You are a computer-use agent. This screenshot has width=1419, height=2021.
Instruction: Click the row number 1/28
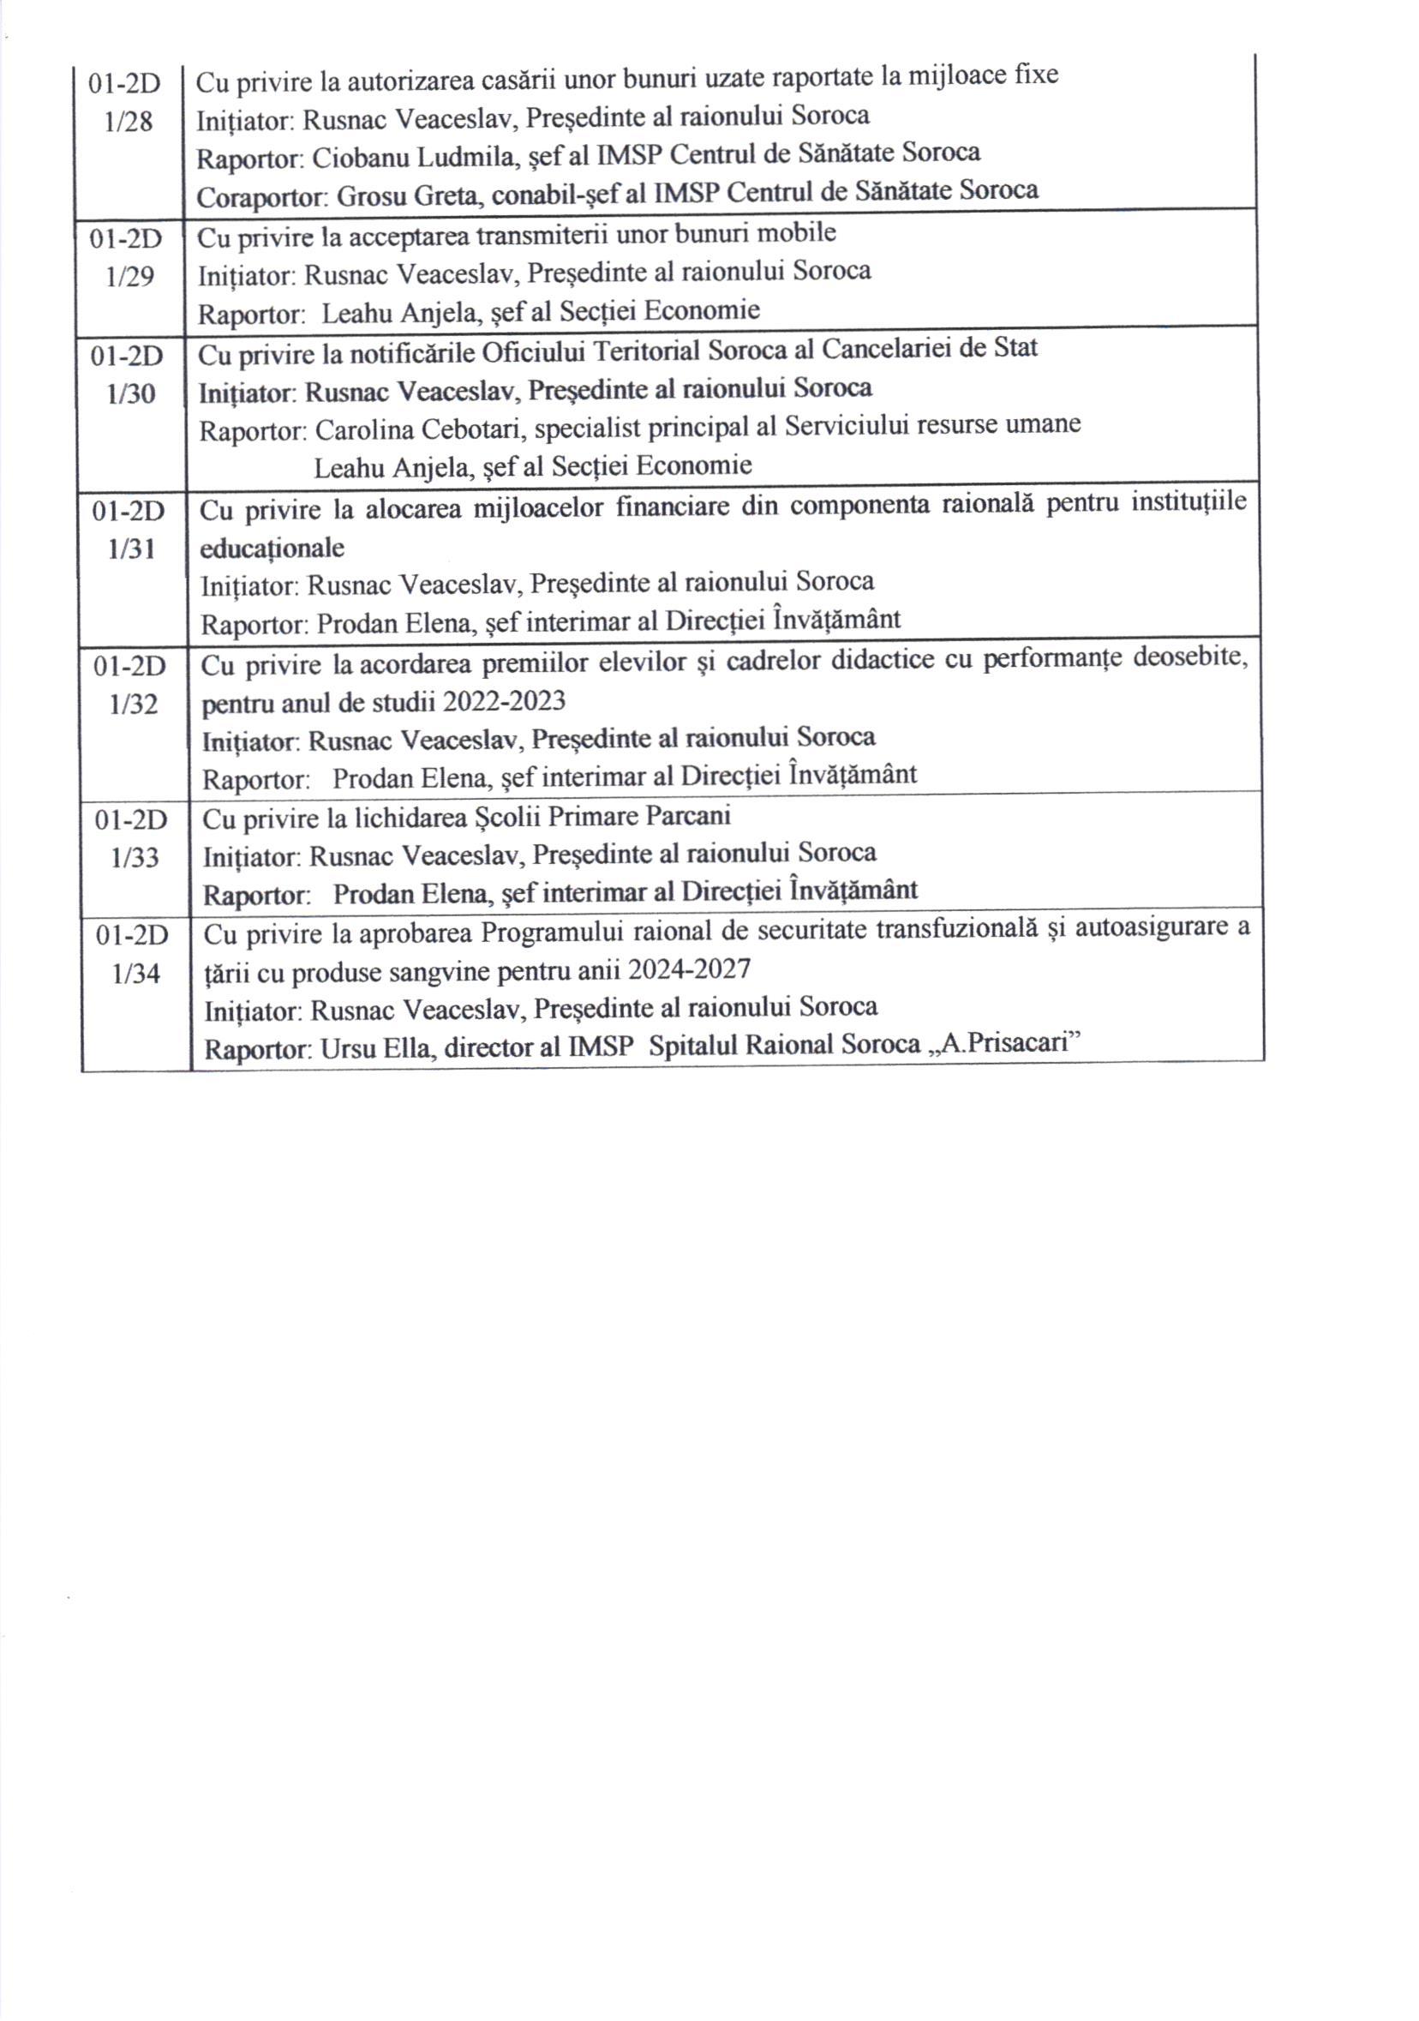click(129, 122)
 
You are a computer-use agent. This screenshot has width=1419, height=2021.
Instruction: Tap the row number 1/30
click(131, 393)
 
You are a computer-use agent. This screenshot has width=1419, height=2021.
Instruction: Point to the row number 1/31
click(132, 549)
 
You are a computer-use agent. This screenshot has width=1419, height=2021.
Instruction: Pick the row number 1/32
click(134, 705)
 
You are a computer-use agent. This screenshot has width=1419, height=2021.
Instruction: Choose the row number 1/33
click(135, 857)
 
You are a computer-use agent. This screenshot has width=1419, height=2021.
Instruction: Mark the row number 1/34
click(136, 974)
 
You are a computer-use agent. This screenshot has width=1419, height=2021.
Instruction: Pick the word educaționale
click(272, 548)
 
